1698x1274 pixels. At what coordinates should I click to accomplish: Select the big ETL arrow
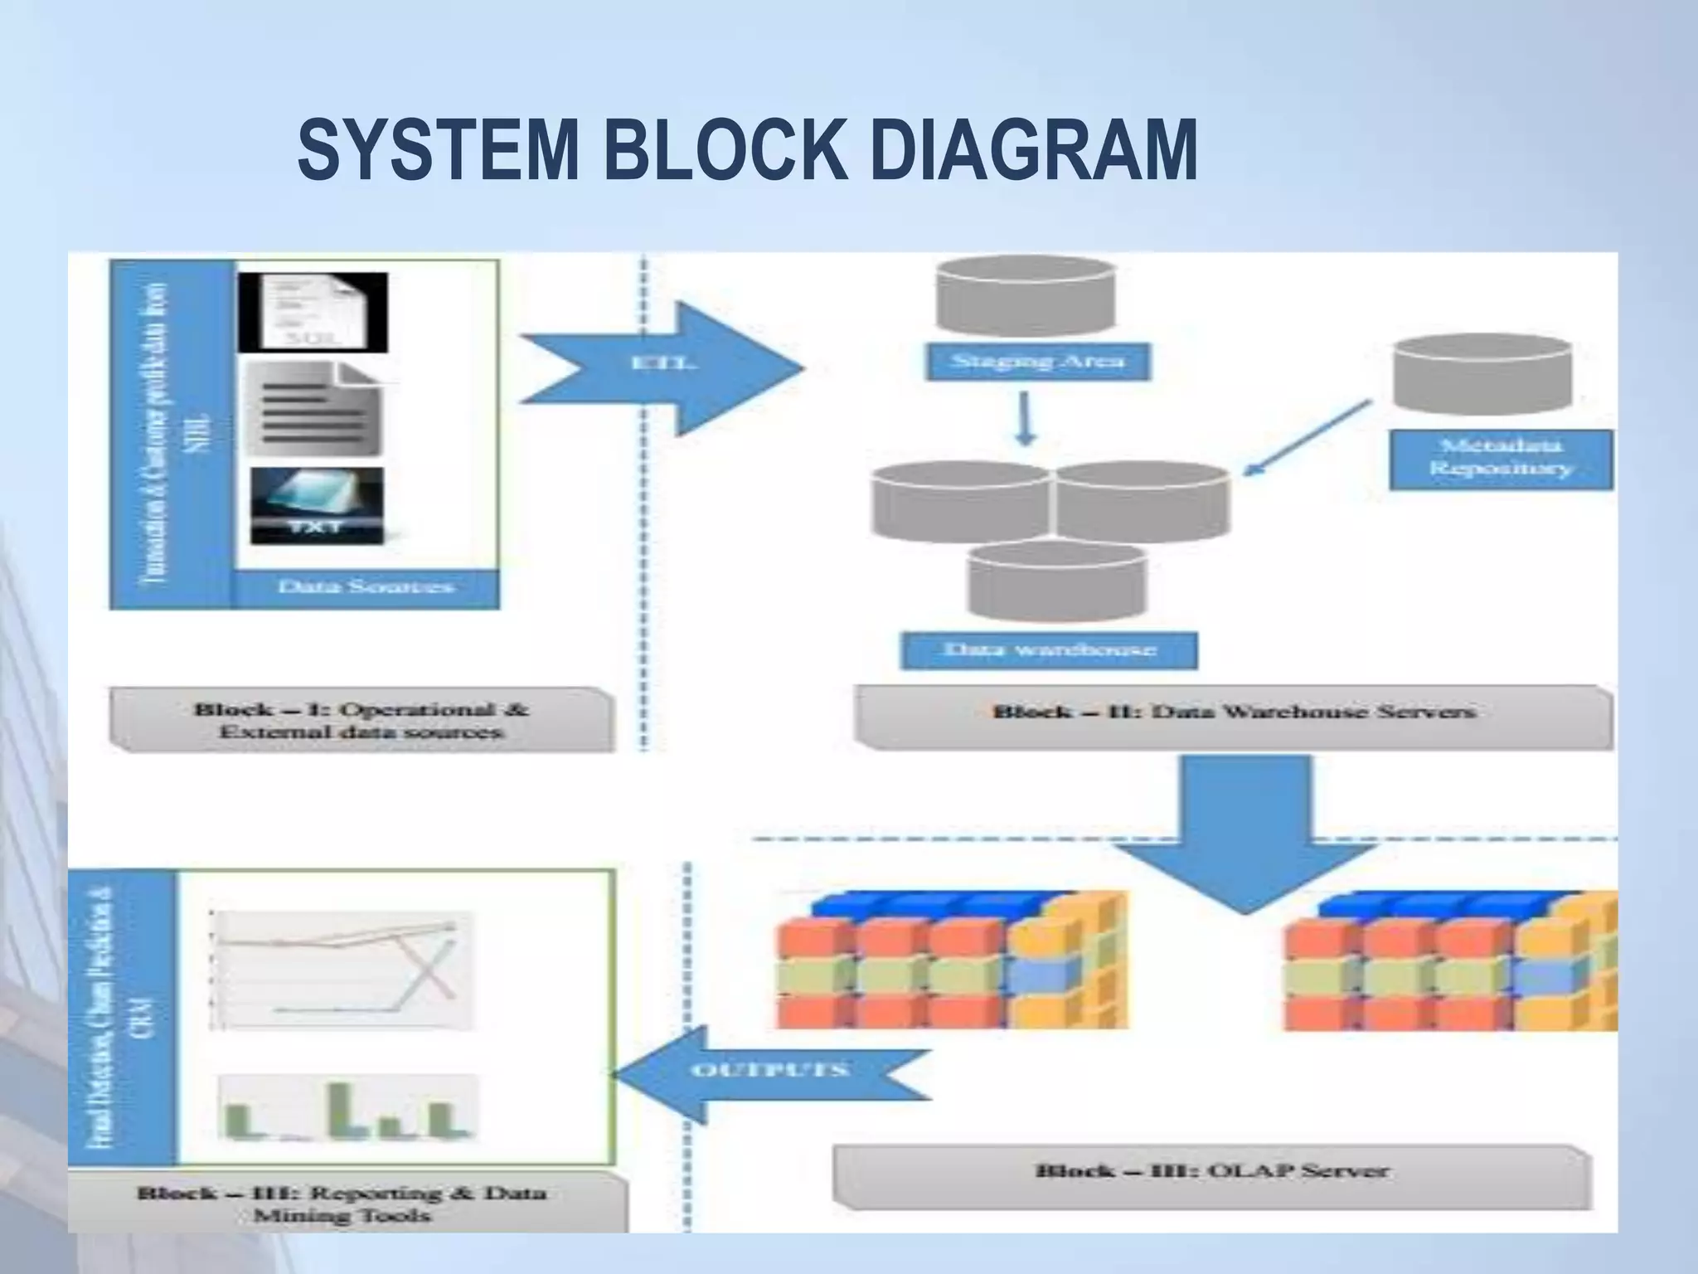(663, 367)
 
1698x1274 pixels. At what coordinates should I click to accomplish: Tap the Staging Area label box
(1037, 362)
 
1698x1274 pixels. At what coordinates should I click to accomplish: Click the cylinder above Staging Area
(1025, 294)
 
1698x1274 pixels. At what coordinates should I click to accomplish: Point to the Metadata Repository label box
(1501, 458)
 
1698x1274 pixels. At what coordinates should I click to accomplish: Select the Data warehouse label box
(1049, 649)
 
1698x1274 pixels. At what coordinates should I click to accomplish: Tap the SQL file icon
(313, 314)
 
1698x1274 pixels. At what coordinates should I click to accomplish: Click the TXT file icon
(317, 505)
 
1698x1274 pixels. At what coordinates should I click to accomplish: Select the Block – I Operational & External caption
(361, 720)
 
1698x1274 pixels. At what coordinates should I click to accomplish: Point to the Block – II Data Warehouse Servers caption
(1234, 712)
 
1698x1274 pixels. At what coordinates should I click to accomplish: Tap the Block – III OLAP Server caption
(1211, 1171)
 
